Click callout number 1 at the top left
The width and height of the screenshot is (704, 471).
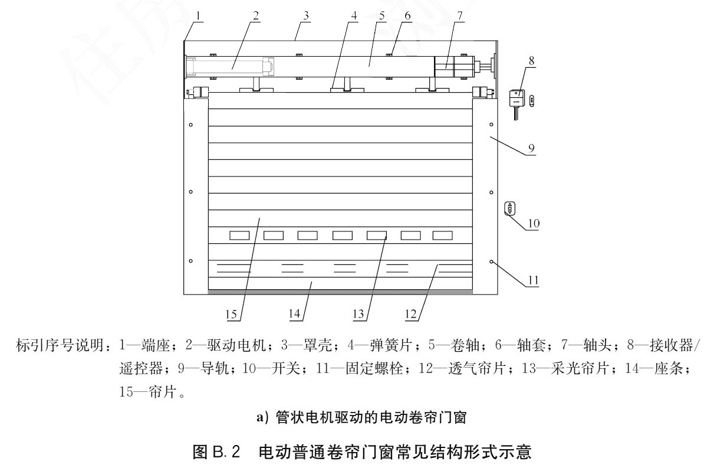(x=199, y=16)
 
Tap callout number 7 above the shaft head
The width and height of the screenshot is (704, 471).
(x=460, y=16)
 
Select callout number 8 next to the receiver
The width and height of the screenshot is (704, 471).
(x=532, y=60)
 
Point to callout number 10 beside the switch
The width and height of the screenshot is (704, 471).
(x=534, y=223)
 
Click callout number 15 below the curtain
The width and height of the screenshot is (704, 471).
(x=231, y=313)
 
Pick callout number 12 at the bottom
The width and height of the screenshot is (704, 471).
(x=412, y=313)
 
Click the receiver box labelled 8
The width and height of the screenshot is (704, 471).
(x=516, y=98)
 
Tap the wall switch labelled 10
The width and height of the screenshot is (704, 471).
(x=509, y=208)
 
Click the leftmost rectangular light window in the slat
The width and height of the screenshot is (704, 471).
(x=239, y=235)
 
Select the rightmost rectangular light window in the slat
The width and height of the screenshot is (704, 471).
(x=443, y=235)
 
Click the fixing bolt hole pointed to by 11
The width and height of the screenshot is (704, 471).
(x=491, y=261)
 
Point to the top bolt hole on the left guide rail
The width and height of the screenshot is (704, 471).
(x=191, y=125)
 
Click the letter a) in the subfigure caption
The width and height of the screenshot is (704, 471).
(x=262, y=417)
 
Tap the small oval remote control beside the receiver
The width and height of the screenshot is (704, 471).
(x=532, y=101)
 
